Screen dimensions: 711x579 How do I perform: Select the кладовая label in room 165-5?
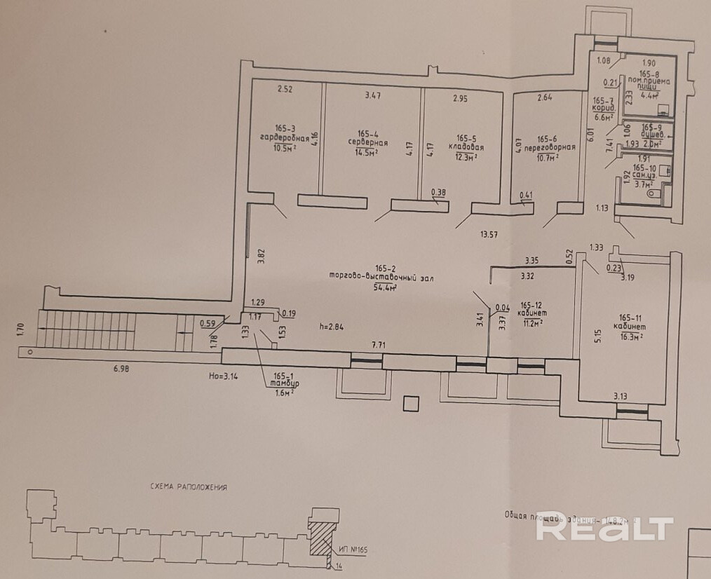click(x=465, y=148)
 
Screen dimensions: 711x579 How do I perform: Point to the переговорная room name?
click(x=555, y=147)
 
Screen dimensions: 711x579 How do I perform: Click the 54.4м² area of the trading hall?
click(x=383, y=287)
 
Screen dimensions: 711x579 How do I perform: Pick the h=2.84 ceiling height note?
click(x=332, y=326)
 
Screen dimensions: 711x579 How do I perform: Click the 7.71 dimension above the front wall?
click(x=379, y=345)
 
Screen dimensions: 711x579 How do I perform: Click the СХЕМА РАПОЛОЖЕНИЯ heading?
click(x=189, y=486)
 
